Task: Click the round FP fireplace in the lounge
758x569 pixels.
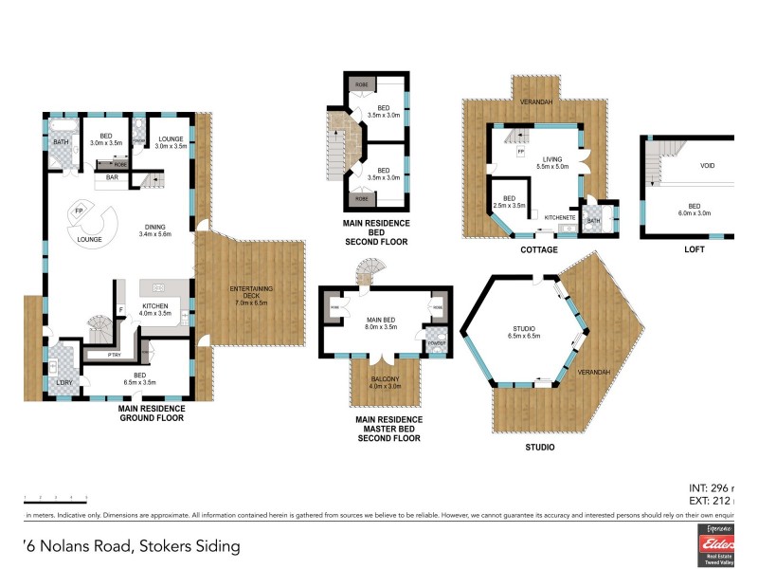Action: click(x=80, y=210)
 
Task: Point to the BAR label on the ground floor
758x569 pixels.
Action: click(x=112, y=176)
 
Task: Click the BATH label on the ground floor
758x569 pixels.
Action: click(x=61, y=143)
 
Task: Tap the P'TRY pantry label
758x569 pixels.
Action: click(x=115, y=355)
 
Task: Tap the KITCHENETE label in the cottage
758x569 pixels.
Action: click(x=561, y=217)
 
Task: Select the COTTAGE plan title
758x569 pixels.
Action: click(x=538, y=250)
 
